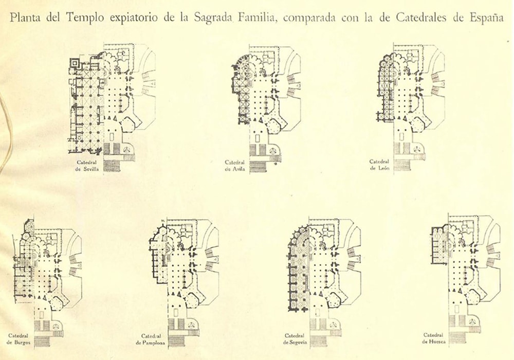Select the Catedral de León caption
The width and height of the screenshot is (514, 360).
(x=379, y=165)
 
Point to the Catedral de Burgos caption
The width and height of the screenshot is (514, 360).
(x=19, y=339)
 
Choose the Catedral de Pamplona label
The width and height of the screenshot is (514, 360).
(x=151, y=339)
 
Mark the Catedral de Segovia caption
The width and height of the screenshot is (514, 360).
(x=295, y=339)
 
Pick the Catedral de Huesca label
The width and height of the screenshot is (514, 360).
(x=433, y=338)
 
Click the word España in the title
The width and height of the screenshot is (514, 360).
(x=486, y=17)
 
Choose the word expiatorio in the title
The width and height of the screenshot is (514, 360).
(x=134, y=17)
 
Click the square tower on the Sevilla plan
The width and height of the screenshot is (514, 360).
(x=75, y=63)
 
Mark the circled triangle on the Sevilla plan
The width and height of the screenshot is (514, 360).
(x=126, y=150)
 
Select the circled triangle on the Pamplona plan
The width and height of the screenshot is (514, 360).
(x=191, y=326)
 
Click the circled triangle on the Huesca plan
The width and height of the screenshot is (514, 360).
(x=472, y=321)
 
